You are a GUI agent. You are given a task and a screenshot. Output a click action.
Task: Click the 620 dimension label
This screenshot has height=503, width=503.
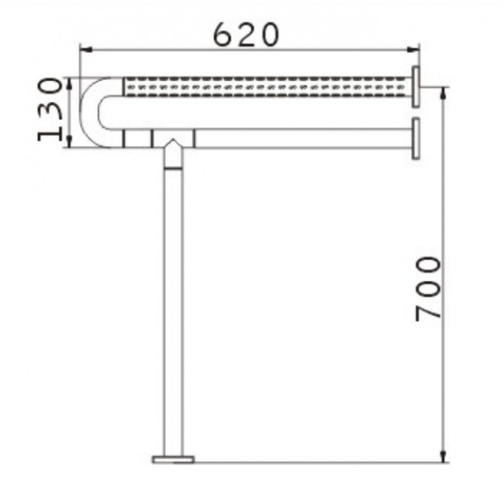(x=246, y=34)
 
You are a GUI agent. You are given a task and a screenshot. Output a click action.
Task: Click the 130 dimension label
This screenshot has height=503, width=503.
(x=50, y=109)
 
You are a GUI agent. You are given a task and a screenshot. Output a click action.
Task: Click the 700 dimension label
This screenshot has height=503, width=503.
(x=428, y=289)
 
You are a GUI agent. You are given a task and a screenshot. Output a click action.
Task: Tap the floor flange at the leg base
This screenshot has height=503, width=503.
(x=173, y=459)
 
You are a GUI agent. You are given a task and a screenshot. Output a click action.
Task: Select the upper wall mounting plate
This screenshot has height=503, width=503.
(x=416, y=87)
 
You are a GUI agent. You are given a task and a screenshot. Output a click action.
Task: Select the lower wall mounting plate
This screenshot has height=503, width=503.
(x=416, y=139)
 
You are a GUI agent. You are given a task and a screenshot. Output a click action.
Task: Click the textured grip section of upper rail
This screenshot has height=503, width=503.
(x=267, y=87)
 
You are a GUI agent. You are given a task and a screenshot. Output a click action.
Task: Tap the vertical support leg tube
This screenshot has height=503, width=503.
(x=173, y=311)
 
